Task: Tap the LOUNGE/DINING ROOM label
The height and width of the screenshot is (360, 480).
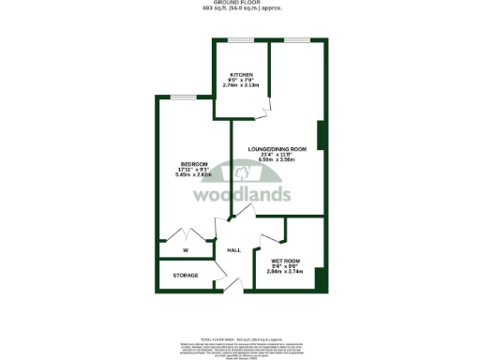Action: pos(277,149)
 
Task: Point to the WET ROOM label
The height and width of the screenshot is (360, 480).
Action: pos(285,261)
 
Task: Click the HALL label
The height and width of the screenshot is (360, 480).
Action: pos(235,250)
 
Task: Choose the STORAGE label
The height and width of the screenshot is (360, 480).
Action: pos(187,277)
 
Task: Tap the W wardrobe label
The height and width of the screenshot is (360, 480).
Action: pos(186,250)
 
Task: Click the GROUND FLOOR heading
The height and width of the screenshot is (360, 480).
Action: pos(239,3)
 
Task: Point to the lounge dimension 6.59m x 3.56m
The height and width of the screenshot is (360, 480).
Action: pos(277,160)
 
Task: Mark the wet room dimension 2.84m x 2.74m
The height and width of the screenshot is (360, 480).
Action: pos(285,272)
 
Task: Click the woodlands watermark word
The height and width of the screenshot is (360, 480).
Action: pos(241,194)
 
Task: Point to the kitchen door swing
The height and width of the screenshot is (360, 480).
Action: pos(263,110)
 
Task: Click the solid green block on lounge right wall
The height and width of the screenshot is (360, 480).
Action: pos(321,136)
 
